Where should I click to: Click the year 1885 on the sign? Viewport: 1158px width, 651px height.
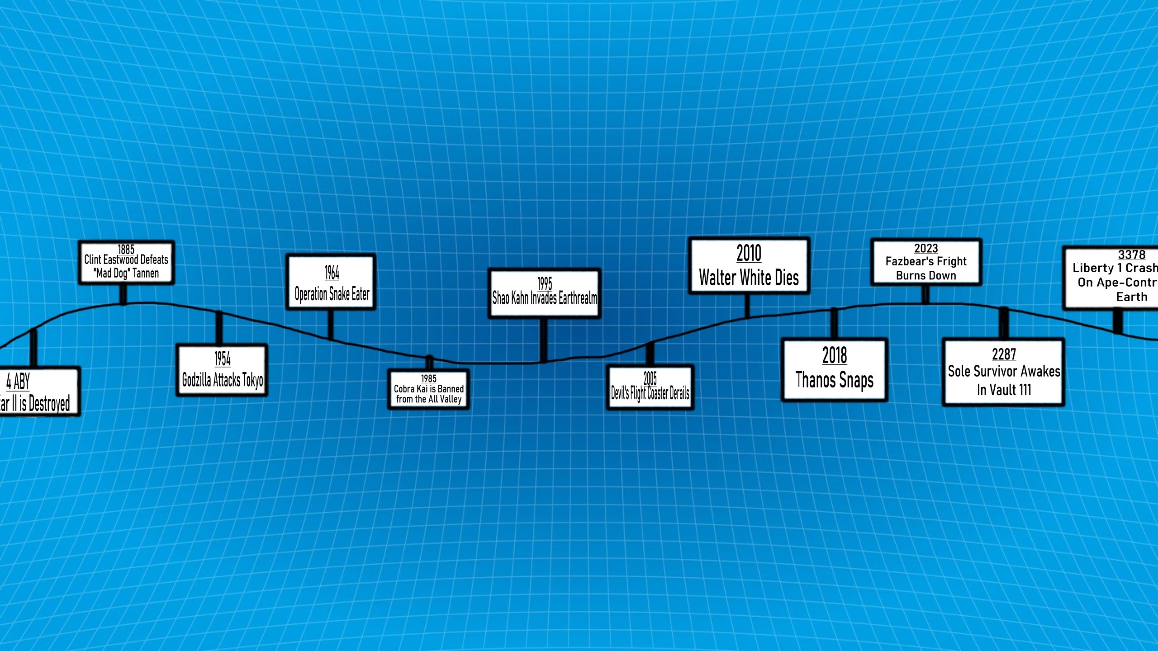[x=126, y=249]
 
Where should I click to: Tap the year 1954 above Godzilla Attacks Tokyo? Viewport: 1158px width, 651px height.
[x=223, y=359]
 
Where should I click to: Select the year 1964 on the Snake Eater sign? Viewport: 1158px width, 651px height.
[x=332, y=273]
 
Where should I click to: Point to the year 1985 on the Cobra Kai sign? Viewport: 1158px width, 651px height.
[x=429, y=378]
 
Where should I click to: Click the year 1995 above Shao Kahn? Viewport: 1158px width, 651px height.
[x=545, y=283]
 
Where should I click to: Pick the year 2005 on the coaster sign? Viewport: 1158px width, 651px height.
[x=650, y=378]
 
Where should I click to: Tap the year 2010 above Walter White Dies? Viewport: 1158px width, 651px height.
[x=749, y=253]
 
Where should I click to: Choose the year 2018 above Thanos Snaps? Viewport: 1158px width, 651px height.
[x=835, y=355]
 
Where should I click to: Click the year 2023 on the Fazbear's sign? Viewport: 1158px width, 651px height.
[x=926, y=248]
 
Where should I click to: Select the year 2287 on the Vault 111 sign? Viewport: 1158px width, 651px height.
[x=1004, y=354]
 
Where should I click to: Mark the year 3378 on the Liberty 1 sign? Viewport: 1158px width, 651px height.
[x=1132, y=255]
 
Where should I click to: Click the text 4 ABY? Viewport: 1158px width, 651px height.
[x=18, y=382]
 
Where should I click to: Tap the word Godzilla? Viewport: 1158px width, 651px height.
[x=196, y=380]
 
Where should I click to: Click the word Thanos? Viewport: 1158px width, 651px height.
[x=815, y=380]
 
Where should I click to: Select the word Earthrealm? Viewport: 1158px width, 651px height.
[x=578, y=298]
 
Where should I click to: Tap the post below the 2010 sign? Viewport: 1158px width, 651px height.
[x=747, y=306]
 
